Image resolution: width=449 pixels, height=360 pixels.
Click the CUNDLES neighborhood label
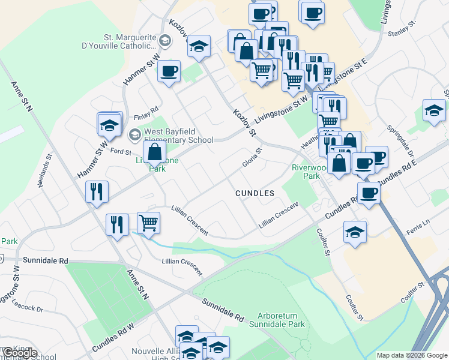pos(255,193)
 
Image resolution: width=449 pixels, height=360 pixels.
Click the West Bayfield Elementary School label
pos(179,135)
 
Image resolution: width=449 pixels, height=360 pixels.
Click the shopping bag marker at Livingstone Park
pos(155,152)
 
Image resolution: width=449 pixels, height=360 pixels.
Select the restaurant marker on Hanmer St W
pos(97,192)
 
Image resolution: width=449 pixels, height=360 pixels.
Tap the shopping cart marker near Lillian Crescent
pos(148,223)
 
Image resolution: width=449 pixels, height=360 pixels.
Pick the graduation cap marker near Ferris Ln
pos(355,232)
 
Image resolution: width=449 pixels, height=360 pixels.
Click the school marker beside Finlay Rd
pos(109,124)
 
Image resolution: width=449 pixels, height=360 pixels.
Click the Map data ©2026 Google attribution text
pos(412,355)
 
